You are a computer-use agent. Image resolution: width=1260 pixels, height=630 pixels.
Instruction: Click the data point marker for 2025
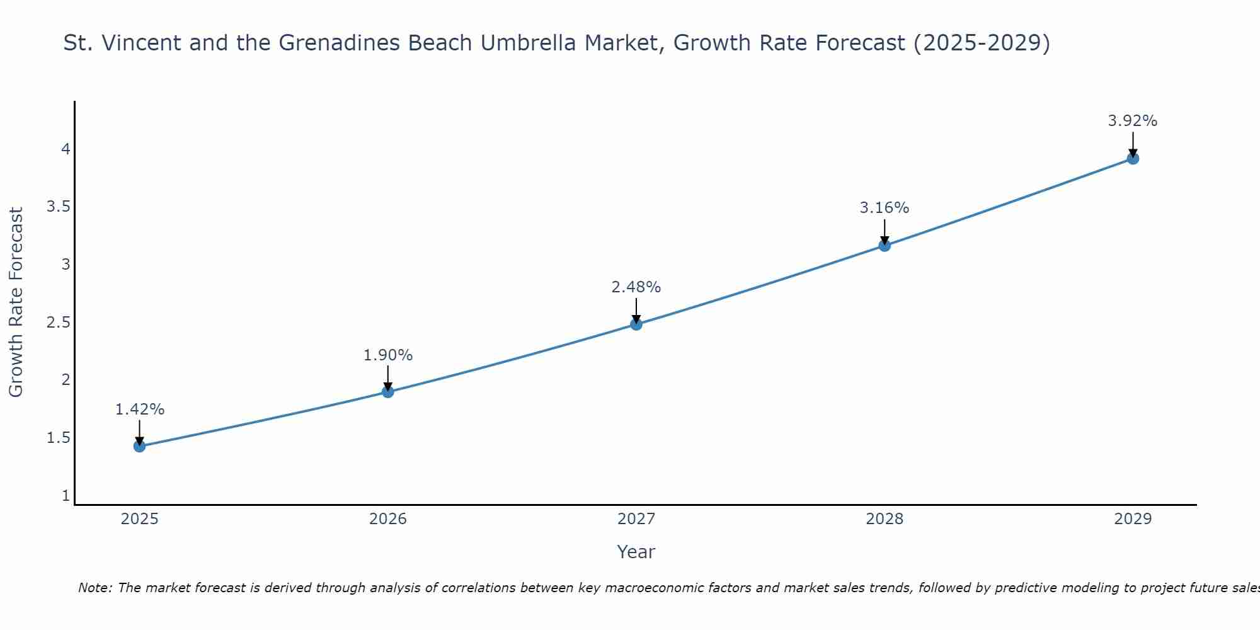click(x=139, y=446)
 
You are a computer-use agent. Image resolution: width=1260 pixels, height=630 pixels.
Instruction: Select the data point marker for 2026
click(x=388, y=392)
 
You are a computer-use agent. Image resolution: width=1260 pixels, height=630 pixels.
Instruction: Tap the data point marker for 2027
click(x=636, y=324)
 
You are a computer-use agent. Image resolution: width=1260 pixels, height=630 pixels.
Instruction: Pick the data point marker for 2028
click(x=885, y=245)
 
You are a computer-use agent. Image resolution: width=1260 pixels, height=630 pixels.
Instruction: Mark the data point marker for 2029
click(x=1133, y=158)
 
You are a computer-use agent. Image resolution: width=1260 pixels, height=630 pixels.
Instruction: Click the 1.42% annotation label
click(x=139, y=409)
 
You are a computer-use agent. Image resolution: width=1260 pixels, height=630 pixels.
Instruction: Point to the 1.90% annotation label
click(x=388, y=355)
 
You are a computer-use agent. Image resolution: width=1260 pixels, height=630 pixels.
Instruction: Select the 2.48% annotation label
click(x=636, y=287)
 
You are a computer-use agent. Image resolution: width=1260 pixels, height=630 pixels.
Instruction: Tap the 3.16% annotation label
click(x=885, y=208)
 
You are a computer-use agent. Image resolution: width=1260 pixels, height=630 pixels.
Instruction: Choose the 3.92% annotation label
click(x=1133, y=121)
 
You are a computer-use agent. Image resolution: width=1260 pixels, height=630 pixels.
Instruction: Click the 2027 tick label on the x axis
click(x=636, y=519)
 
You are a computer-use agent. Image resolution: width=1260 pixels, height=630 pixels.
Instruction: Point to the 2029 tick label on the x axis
click(x=1133, y=519)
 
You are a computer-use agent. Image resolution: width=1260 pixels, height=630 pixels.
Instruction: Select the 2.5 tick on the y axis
click(x=58, y=323)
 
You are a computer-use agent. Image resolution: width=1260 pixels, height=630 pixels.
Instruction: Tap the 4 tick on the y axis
click(x=66, y=149)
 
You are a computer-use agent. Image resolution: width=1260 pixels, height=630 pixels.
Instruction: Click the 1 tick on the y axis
click(x=66, y=496)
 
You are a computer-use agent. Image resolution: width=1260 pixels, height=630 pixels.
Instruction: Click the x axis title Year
click(x=636, y=552)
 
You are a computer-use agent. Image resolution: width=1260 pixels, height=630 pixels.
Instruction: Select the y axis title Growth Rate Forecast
click(x=16, y=302)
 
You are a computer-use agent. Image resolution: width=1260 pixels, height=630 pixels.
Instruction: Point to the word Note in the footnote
click(x=94, y=588)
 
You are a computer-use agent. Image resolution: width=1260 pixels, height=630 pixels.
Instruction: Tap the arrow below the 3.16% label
click(x=885, y=231)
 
